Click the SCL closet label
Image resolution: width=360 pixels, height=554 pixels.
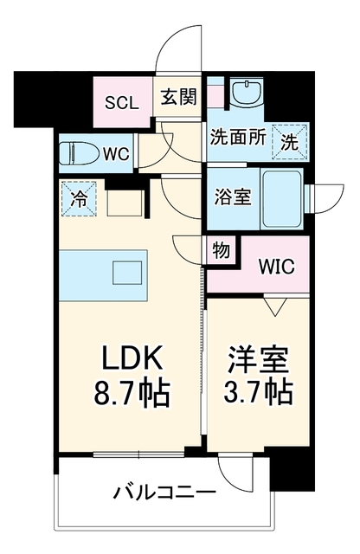click(x=122, y=103)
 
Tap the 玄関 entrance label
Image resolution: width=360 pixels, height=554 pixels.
click(x=178, y=96)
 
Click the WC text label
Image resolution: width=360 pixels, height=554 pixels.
click(x=116, y=154)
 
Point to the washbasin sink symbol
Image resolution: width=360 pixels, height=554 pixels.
click(x=246, y=91)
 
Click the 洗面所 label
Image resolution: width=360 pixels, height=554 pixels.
click(x=238, y=137)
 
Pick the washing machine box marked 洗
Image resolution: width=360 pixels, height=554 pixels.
click(x=290, y=142)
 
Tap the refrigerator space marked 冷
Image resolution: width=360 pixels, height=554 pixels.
click(x=79, y=198)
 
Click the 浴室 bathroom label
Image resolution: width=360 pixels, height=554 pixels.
click(x=233, y=196)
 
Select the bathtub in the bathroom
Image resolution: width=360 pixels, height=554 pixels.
click(x=281, y=199)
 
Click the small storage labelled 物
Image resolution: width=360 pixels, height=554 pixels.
click(x=221, y=250)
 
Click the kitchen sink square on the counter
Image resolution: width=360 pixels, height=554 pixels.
click(x=127, y=273)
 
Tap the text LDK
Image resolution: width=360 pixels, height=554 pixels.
click(x=132, y=357)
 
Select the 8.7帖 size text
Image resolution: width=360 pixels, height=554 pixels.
click(x=132, y=392)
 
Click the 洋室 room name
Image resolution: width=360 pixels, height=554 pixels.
click(x=258, y=358)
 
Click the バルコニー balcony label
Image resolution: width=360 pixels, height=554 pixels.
click(x=164, y=493)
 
